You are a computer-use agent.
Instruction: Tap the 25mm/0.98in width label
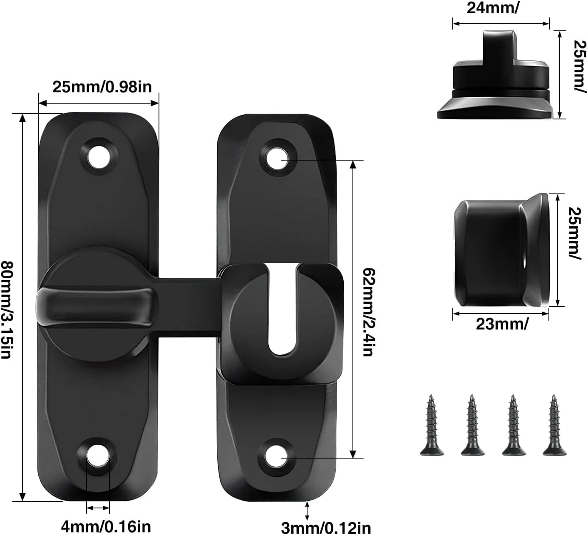(x=102, y=87)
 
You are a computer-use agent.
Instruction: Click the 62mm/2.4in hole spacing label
(x=368, y=312)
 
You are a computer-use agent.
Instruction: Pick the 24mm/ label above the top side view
(x=493, y=8)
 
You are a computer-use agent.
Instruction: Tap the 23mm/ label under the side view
(x=502, y=324)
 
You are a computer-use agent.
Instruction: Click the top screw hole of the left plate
(x=99, y=157)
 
